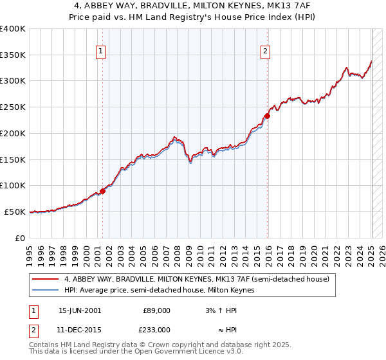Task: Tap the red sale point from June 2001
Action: click(x=102, y=191)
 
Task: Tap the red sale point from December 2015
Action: click(x=267, y=116)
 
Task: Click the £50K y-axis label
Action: click(x=15, y=212)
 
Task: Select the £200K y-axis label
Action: click(x=12, y=133)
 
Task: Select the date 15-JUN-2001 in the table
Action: click(x=79, y=310)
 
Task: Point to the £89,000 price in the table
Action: click(x=156, y=310)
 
